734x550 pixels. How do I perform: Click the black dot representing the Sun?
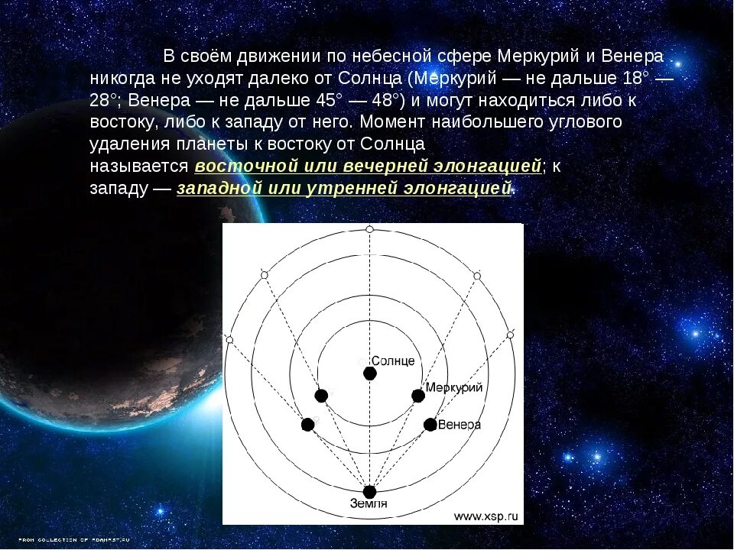pyautogui.click(x=370, y=374)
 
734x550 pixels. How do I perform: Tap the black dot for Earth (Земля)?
pyautogui.click(x=370, y=492)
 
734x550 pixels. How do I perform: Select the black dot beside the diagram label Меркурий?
pyautogui.click(x=417, y=396)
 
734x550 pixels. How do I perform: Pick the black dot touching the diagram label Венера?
pyautogui.click(x=430, y=425)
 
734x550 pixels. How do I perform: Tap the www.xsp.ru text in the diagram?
pyautogui.click(x=486, y=516)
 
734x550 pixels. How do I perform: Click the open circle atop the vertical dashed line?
pyautogui.click(x=370, y=229)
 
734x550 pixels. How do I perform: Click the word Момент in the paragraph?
pyautogui.click(x=388, y=122)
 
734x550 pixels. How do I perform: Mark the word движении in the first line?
pyautogui.click(x=278, y=57)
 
